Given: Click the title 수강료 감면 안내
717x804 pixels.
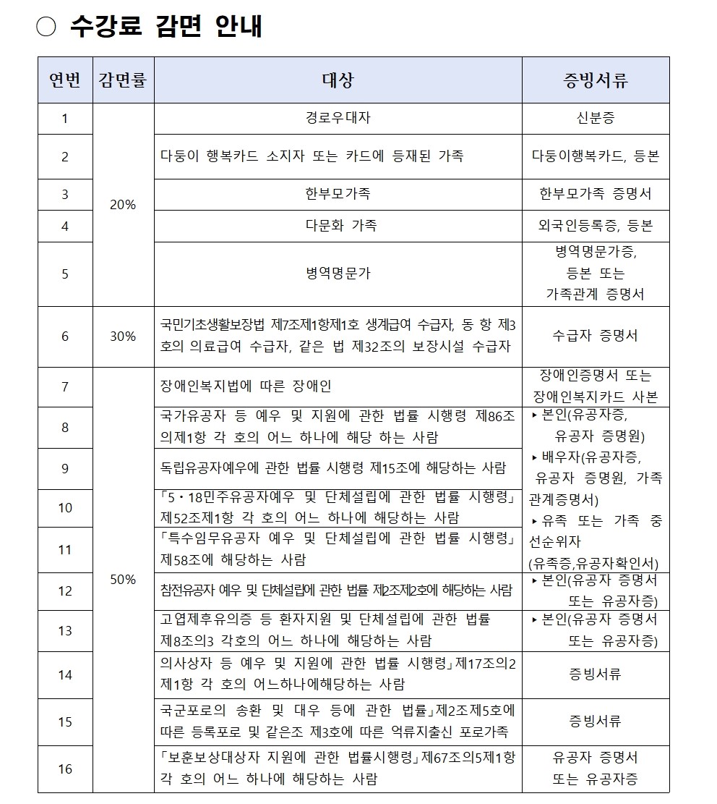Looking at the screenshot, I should pos(166,27).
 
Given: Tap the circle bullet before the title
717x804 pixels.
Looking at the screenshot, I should pos(47,27).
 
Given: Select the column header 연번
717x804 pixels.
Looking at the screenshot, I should pos(65,80).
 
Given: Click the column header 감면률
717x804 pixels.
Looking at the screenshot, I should pos(123,80).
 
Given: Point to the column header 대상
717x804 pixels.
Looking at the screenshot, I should pos(338,80).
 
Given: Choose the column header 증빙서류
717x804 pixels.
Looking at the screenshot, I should pos(596,80).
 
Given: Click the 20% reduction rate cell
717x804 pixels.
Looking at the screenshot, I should pos(123,205).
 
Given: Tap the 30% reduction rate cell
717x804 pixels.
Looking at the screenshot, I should pos(123,337).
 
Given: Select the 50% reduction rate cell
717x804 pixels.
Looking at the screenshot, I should pos(123,579).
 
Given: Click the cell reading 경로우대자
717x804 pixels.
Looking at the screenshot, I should pos(338,118).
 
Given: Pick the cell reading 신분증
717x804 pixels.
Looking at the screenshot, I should pos(596,118).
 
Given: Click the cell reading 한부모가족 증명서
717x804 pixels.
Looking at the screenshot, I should pos(596,194).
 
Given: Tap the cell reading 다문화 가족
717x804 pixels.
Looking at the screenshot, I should pos(338,226).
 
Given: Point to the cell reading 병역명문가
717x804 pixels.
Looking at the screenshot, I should pos(338,274).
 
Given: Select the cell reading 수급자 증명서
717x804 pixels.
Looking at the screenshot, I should pos(596,337).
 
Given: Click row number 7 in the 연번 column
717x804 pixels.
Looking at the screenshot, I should pos(65,386).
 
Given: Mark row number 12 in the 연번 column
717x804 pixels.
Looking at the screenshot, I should pos(65,591).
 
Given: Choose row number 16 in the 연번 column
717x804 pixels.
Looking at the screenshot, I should pos(65,769).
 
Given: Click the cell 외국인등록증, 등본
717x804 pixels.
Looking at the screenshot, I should pos(596,226).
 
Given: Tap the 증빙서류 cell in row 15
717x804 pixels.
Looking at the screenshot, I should pos(596,722).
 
